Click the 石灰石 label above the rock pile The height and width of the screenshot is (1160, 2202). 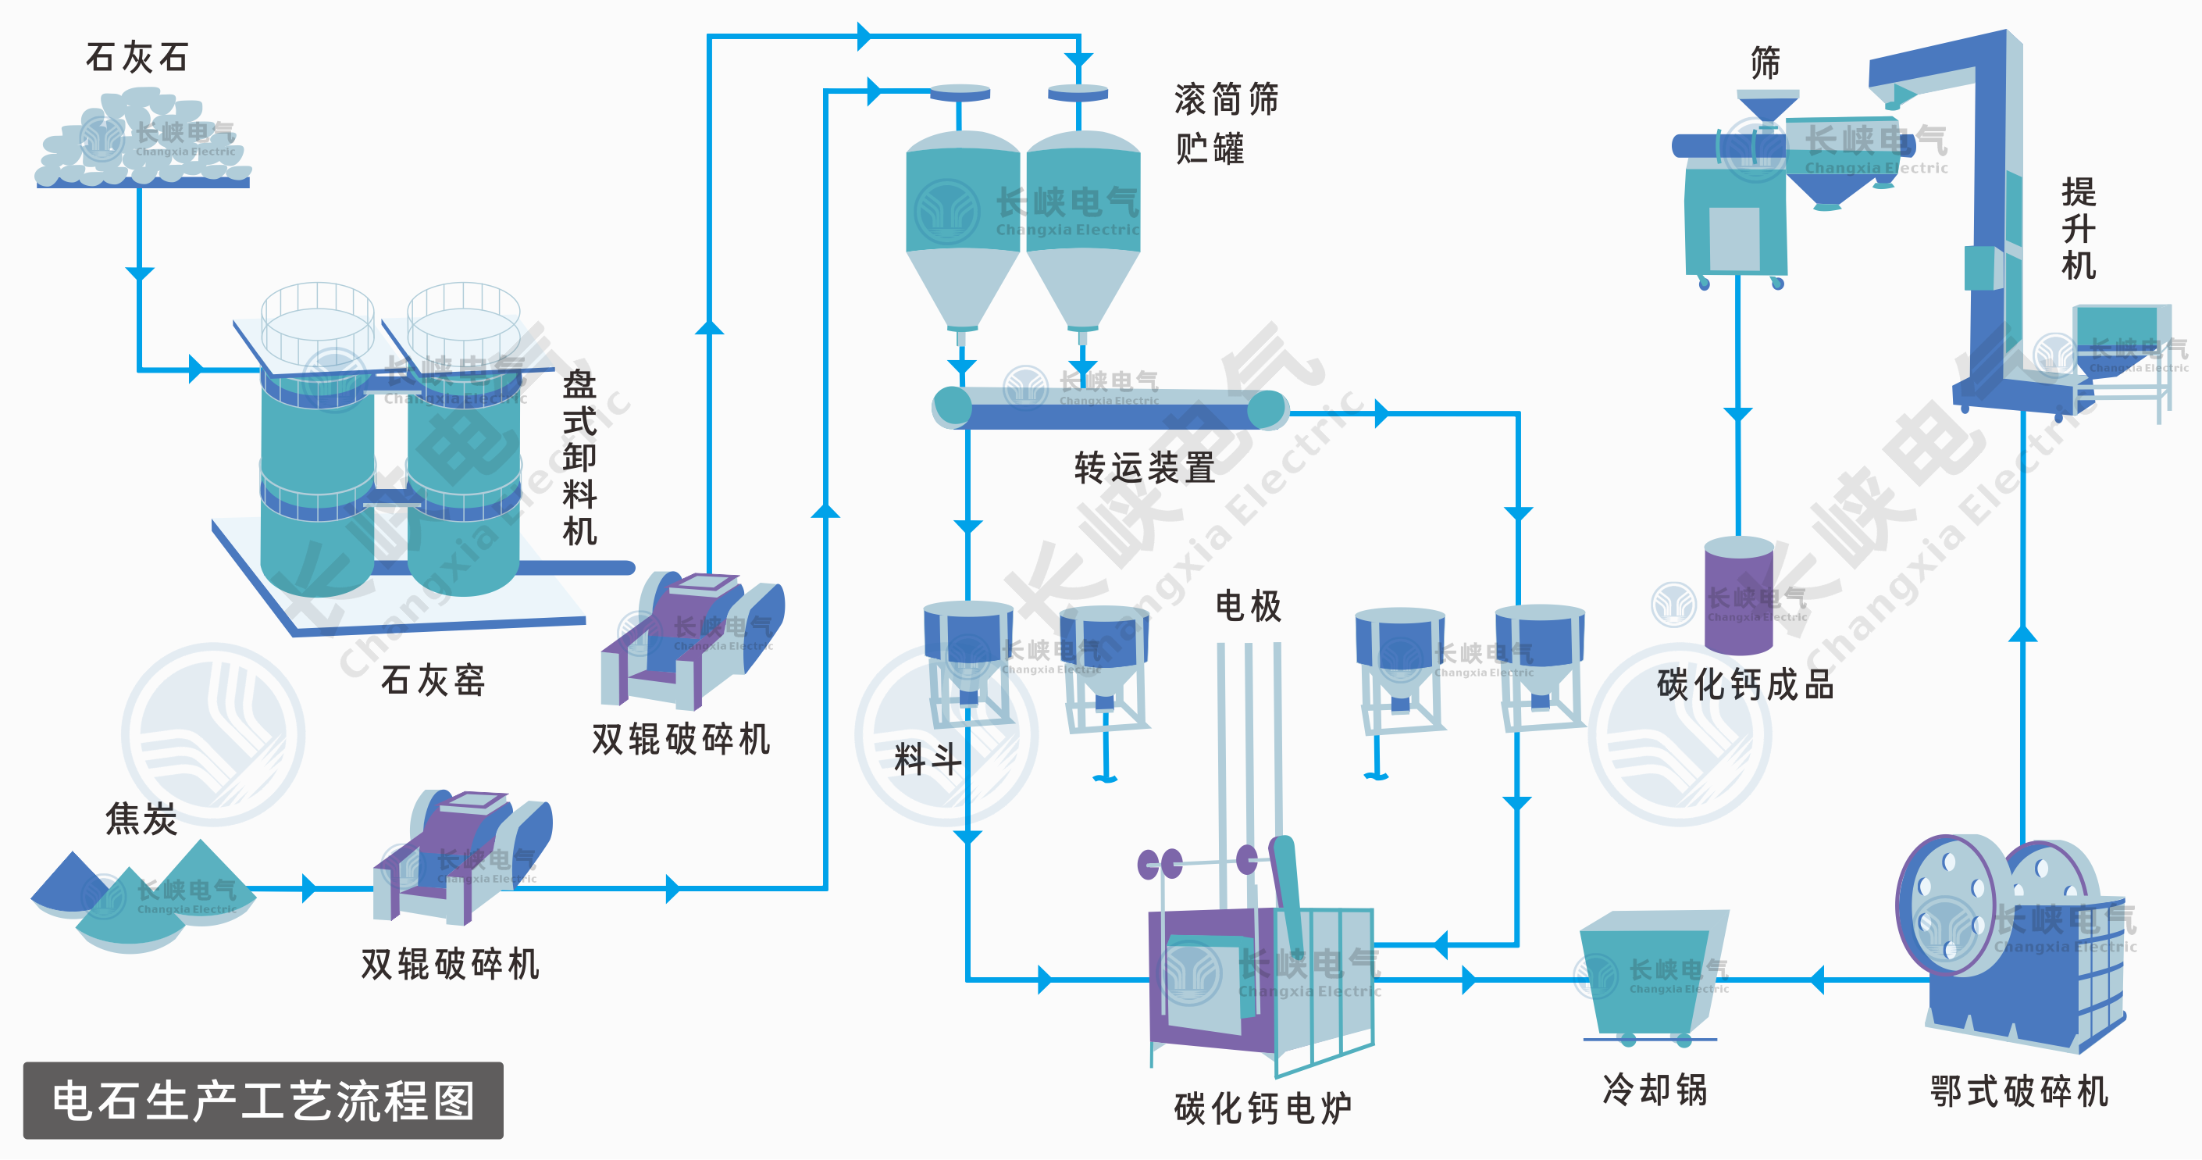coord(137,58)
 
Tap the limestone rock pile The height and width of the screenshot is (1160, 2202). coord(141,145)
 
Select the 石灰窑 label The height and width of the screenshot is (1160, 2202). coord(433,681)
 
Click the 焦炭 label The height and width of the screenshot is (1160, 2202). coord(141,819)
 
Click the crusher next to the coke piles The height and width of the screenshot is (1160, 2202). coord(461,859)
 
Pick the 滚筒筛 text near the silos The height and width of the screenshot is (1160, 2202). coord(1226,100)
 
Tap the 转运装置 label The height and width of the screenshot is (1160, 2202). coord(1145,469)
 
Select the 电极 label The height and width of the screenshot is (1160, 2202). coord(1248,606)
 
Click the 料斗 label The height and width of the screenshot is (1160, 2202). coord(928,759)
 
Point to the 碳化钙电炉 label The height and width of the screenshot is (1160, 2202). coord(1263,1108)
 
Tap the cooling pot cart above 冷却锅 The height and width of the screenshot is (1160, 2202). coord(1650,975)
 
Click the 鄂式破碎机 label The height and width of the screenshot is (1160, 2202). coord(2019,1091)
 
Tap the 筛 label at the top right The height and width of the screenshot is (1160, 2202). coord(1766,63)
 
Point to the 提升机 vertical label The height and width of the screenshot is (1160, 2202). coord(2078,228)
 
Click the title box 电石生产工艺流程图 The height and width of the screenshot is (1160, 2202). coord(263,1100)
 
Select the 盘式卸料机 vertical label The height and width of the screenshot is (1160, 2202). coord(579,457)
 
